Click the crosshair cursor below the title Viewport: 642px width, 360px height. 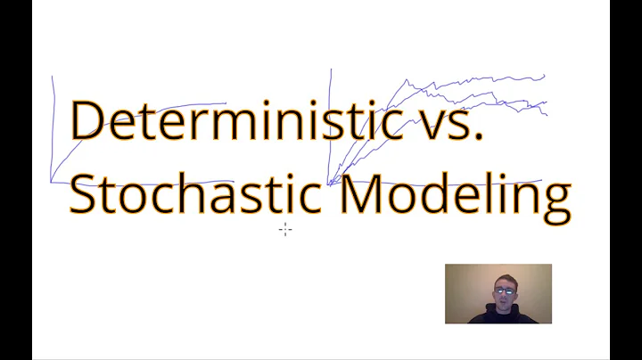(284, 230)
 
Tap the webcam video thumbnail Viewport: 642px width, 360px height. (498, 293)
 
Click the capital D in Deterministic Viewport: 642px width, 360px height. (87, 120)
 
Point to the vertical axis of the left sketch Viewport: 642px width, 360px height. (53, 125)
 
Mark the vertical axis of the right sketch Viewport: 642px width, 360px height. (332, 125)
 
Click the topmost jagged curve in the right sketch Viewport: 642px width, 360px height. (473, 83)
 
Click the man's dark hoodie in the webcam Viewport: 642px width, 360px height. (499, 315)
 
